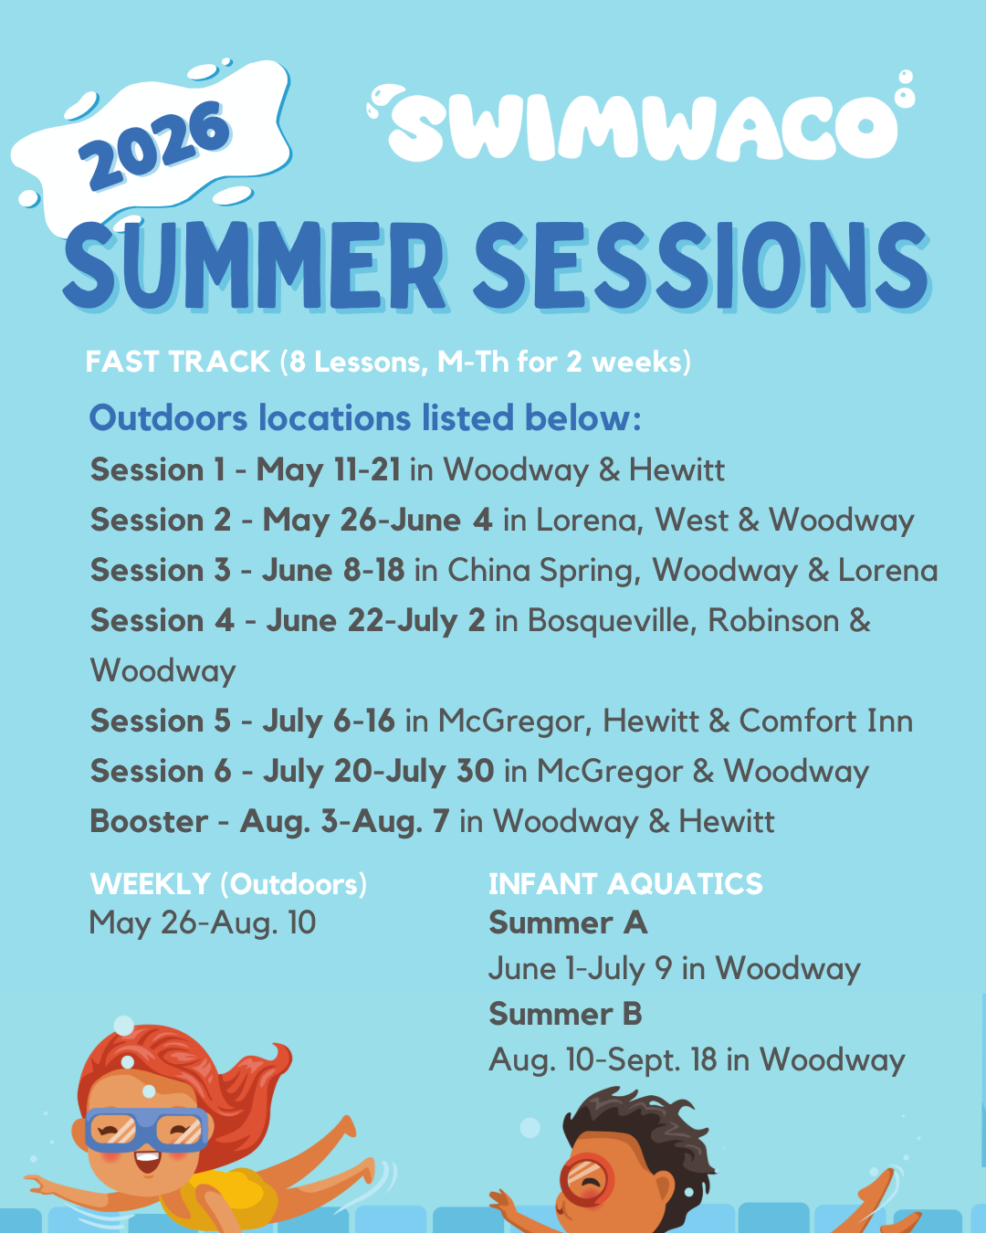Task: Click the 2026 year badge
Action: pos(153,146)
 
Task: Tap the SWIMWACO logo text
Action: pos(642,122)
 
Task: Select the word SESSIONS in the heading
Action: pos(701,267)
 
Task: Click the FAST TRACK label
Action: pos(178,362)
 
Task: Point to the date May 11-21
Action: pos(328,470)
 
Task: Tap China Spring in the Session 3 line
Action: pos(544,571)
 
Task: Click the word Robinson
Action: pos(773,620)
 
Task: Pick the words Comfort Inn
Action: pos(825,721)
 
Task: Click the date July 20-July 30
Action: pos(378,771)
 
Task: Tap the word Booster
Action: pos(149,821)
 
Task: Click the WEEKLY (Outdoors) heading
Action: pos(228,884)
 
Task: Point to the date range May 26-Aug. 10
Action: pos(203,923)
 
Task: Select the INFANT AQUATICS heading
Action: pos(625,883)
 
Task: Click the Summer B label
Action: pos(565,1014)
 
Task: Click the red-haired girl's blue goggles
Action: pos(147,1129)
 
